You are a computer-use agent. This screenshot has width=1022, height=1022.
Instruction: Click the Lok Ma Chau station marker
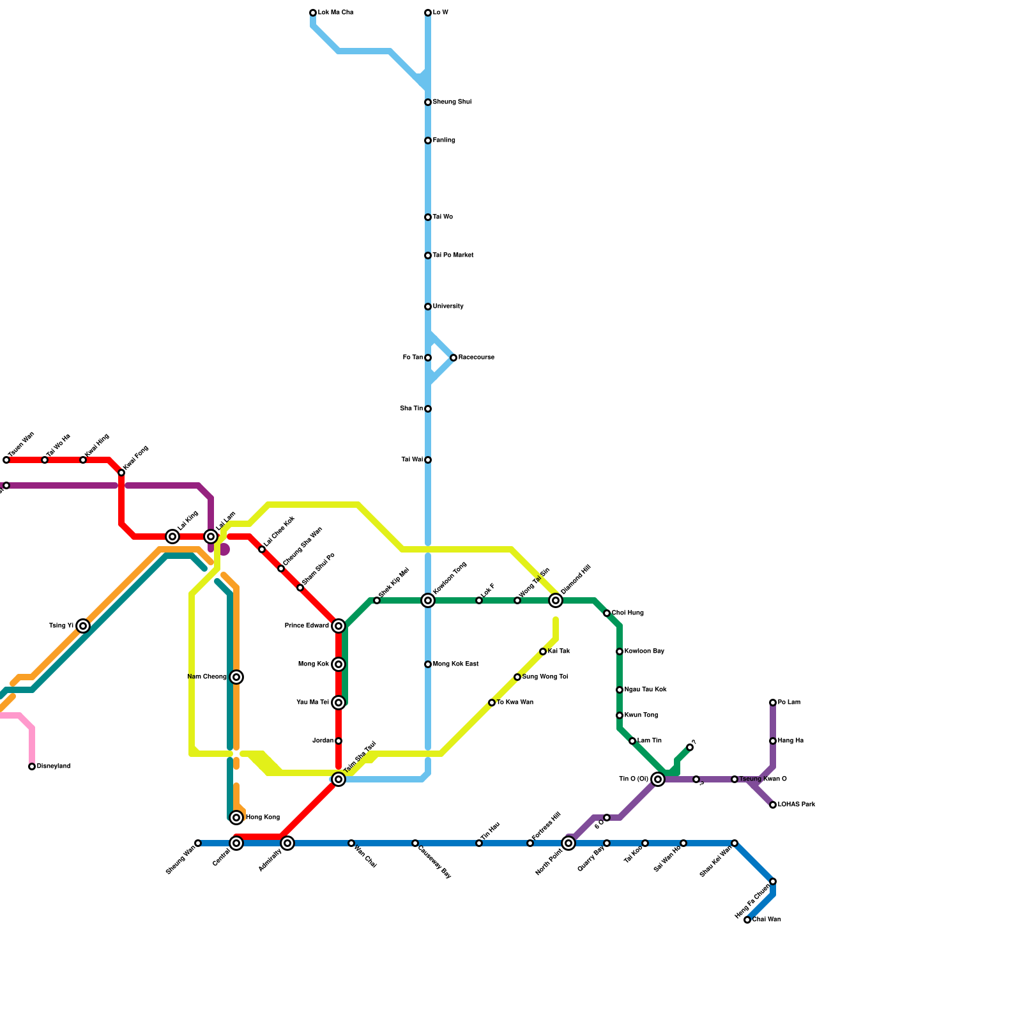pyautogui.click(x=313, y=13)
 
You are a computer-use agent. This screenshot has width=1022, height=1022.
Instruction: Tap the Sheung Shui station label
pyautogui.click(x=452, y=102)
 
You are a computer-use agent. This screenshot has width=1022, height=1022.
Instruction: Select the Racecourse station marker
pyautogui.click(x=454, y=358)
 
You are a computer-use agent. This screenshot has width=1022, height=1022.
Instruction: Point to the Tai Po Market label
pyautogui.click(x=453, y=256)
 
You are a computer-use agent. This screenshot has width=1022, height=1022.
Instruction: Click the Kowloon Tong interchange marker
pyautogui.click(x=428, y=600)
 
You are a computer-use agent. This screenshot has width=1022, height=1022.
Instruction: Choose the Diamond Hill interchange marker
pyautogui.click(x=556, y=600)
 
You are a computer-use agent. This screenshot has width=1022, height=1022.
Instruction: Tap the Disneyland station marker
pyautogui.click(x=32, y=766)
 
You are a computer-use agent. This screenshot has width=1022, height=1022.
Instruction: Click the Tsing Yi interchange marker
pyautogui.click(x=83, y=626)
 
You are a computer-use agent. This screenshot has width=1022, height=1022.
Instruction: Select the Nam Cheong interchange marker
pyautogui.click(x=236, y=677)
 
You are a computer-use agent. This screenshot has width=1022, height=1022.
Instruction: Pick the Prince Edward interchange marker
pyautogui.click(x=339, y=626)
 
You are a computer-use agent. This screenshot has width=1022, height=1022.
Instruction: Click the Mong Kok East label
pyautogui.click(x=455, y=664)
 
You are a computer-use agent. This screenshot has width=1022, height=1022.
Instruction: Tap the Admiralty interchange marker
pyautogui.click(x=287, y=843)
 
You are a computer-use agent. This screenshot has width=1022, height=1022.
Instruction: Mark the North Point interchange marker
pyautogui.click(x=568, y=843)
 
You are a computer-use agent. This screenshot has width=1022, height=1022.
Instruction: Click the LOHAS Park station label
pyautogui.click(x=796, y=805)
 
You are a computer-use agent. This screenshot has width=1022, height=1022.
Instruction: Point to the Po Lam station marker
pyautogui.click(x=773, y=703)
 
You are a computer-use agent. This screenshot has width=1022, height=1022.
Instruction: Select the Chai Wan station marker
pyautogui.click(x=747, y=920)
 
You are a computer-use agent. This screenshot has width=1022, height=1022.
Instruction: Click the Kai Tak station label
pyautogui.click(x=559, y=652)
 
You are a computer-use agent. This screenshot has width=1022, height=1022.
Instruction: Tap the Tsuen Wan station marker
pyautogui.click(x=6, y=460)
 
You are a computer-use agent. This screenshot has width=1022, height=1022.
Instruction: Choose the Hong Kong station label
pyautogui.click(x=263, y=818)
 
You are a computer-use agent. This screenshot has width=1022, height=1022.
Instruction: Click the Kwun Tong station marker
pyautogui.click(x=620, y=715)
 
